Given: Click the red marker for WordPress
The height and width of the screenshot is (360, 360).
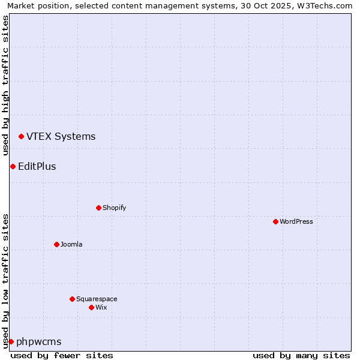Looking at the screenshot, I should click(x=275, y=221).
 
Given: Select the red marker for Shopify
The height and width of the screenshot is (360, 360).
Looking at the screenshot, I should click(x=98, y=208).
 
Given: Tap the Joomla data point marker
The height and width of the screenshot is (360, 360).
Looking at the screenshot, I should click(x=56, y=244).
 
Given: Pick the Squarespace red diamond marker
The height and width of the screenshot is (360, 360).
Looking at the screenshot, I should click(x=72, y=299).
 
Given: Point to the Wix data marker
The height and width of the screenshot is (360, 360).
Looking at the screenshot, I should click(x=91, y=307).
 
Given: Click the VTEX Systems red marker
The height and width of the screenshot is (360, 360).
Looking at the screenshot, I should click(x=21, y=137).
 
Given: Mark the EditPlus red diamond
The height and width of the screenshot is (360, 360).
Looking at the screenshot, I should click(x=13, y=166).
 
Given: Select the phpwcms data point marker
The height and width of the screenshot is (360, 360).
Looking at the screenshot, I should click(x=11, y=341).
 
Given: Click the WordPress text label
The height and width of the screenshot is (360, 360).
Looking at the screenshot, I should click(x=296, y=221).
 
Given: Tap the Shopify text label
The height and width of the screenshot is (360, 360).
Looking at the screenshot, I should click(x=114, y=208).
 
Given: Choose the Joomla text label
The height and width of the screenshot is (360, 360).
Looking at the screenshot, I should click(x=71, y=244).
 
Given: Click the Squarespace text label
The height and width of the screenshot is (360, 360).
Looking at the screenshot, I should click(x=97, y=299).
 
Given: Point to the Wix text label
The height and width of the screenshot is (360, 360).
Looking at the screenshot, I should click(x=101, y=307).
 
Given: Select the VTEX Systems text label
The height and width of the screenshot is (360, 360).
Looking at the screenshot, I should click(x=61, y=136).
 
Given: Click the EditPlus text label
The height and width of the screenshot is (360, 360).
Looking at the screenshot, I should click(x=37, y=166).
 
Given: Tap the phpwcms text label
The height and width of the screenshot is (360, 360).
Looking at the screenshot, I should click(x=38, y=341).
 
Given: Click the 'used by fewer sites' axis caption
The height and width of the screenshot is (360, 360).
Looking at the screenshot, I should click(x=62, y=355).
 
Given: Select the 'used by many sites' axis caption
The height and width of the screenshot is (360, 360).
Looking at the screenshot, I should click(x=301, y=355).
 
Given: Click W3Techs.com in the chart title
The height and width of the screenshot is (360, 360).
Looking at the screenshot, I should click(x=323, y=6).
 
